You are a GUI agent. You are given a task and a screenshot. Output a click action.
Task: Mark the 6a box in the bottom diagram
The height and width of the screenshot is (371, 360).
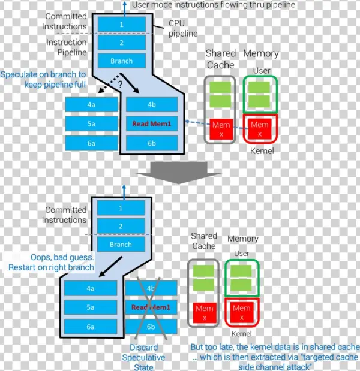click(x=91, y=327)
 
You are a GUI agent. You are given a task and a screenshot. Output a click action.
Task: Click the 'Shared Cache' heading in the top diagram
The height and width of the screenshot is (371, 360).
click(x=220, y=59)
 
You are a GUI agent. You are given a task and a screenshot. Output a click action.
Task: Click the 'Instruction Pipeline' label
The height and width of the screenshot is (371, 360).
click(x=66, y=48)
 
